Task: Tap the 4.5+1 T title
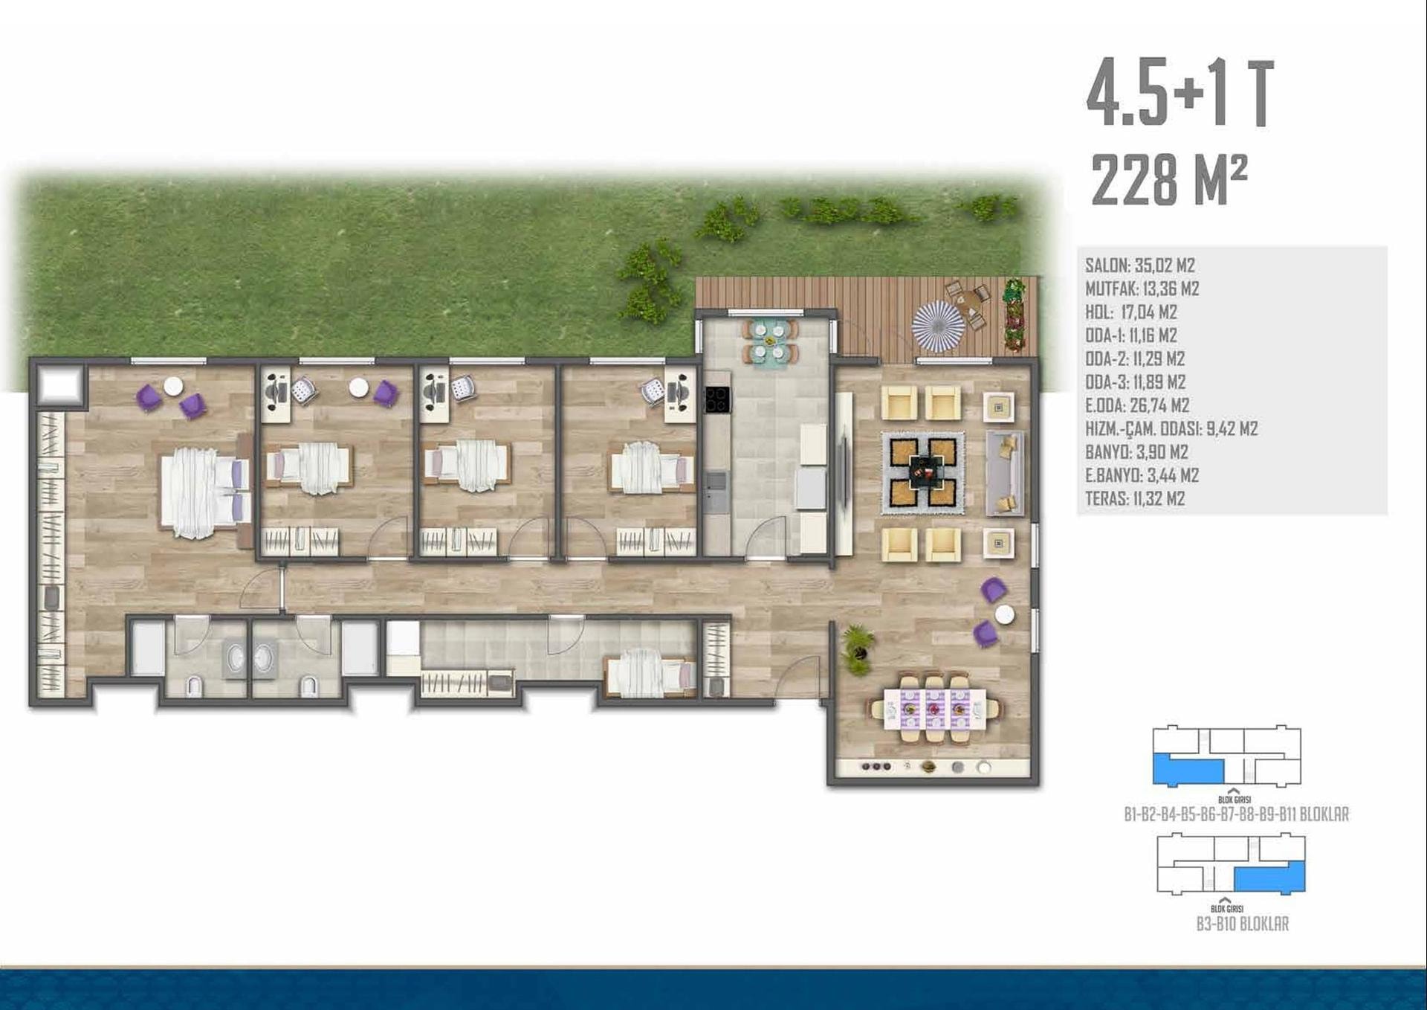click(1180, 94)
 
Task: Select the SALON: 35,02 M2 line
click(1140, 266)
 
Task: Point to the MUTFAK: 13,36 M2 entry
click(1142, 289)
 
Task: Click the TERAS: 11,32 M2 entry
click(1135, 498)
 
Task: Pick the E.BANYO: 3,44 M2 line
click(1142, 475)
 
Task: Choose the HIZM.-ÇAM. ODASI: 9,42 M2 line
click(1171, 428)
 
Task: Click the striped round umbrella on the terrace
click(938, 326)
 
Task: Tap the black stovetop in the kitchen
click(717, 399)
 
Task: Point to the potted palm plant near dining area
click(857, 649)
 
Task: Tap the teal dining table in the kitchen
click(770, 341)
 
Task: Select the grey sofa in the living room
click(1005, 472)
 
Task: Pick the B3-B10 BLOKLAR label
click(1243, 924)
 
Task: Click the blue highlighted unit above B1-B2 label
click(1188, 770)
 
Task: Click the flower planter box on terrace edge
click(1015, 315)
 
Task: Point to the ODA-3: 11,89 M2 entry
click(1135, 382)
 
